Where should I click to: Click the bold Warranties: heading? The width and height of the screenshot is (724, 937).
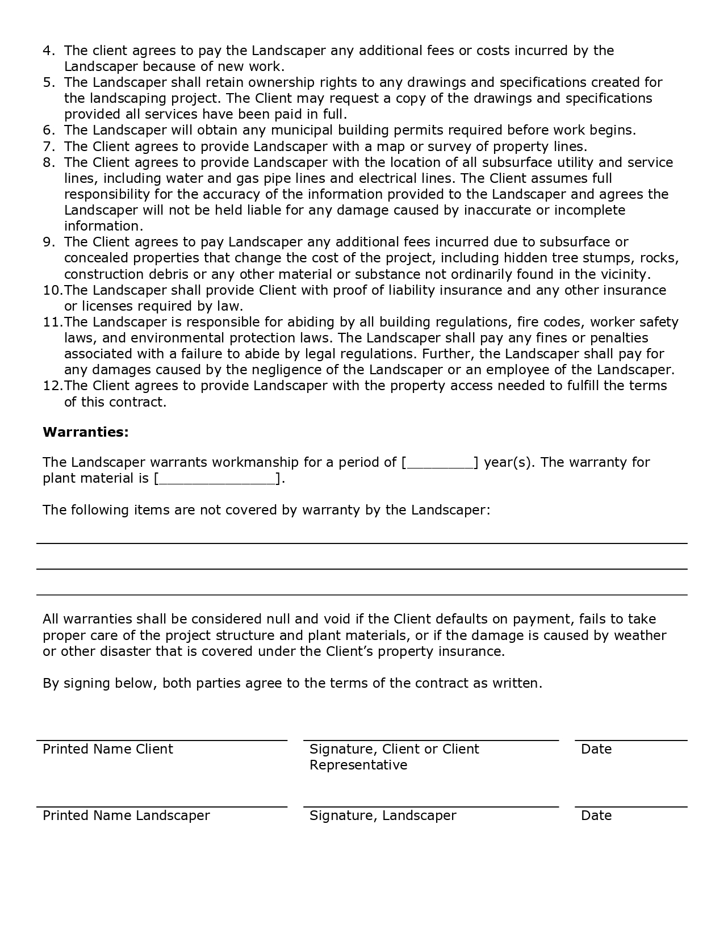(86, 432)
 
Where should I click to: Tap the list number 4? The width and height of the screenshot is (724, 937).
(48, 51)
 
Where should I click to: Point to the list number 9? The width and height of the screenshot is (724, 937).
(48, 242)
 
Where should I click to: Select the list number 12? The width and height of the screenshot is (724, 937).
(52, 386)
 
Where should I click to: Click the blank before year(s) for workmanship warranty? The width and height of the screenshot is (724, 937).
(440, 463)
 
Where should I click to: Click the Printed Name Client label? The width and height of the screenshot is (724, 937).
(107, 749)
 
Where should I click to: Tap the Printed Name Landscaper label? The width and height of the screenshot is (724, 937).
(126, 815)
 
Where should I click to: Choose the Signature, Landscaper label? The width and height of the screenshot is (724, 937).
(383, 815)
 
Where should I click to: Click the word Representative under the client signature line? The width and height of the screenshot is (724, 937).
(358, 765)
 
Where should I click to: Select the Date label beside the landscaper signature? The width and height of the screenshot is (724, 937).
(596, 815)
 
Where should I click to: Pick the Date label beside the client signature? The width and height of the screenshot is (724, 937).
(596, 749)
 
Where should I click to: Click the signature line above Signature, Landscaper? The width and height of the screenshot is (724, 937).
(431, 806)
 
